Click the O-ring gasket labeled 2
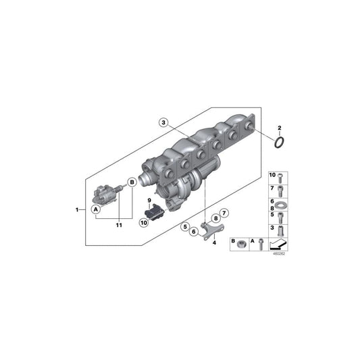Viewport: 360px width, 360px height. coord(280,143)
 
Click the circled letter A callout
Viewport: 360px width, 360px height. coord(97,209)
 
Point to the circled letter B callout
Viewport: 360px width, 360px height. coord(132,192)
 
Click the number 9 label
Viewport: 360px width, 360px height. coord(150,201)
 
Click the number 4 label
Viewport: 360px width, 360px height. coord(214,242)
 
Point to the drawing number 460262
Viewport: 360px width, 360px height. coord(279,255)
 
